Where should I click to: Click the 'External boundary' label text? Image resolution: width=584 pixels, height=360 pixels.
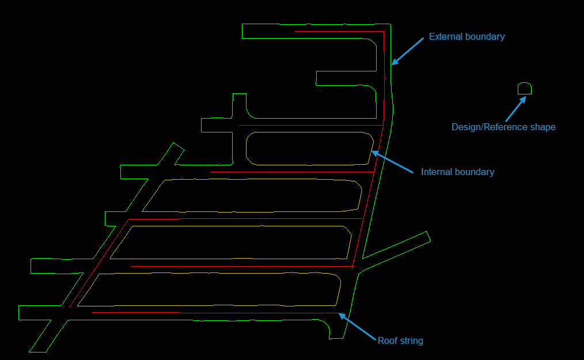(x=467, y=37)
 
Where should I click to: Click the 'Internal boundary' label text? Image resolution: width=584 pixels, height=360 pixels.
(x=457, y=172)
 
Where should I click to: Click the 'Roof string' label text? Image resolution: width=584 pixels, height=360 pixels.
(x=400, y=340)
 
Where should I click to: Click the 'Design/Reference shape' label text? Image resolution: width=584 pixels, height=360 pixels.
(x=503, y=127)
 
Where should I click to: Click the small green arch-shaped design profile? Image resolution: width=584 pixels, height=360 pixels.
(x=524, y=89)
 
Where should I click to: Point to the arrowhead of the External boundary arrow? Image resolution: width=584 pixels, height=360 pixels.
(x=393, y=63)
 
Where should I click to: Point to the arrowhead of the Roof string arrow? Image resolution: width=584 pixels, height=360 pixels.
(x=340, y=314)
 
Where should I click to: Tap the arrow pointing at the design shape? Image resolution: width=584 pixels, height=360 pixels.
(x=515, y=108)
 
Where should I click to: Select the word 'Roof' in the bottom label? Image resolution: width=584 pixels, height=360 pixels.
(x=387, y=340)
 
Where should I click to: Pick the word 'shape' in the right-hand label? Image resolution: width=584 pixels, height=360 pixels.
(x=543, y=127)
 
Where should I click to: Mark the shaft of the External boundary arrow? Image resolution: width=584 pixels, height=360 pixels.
(x=410, y=50)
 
